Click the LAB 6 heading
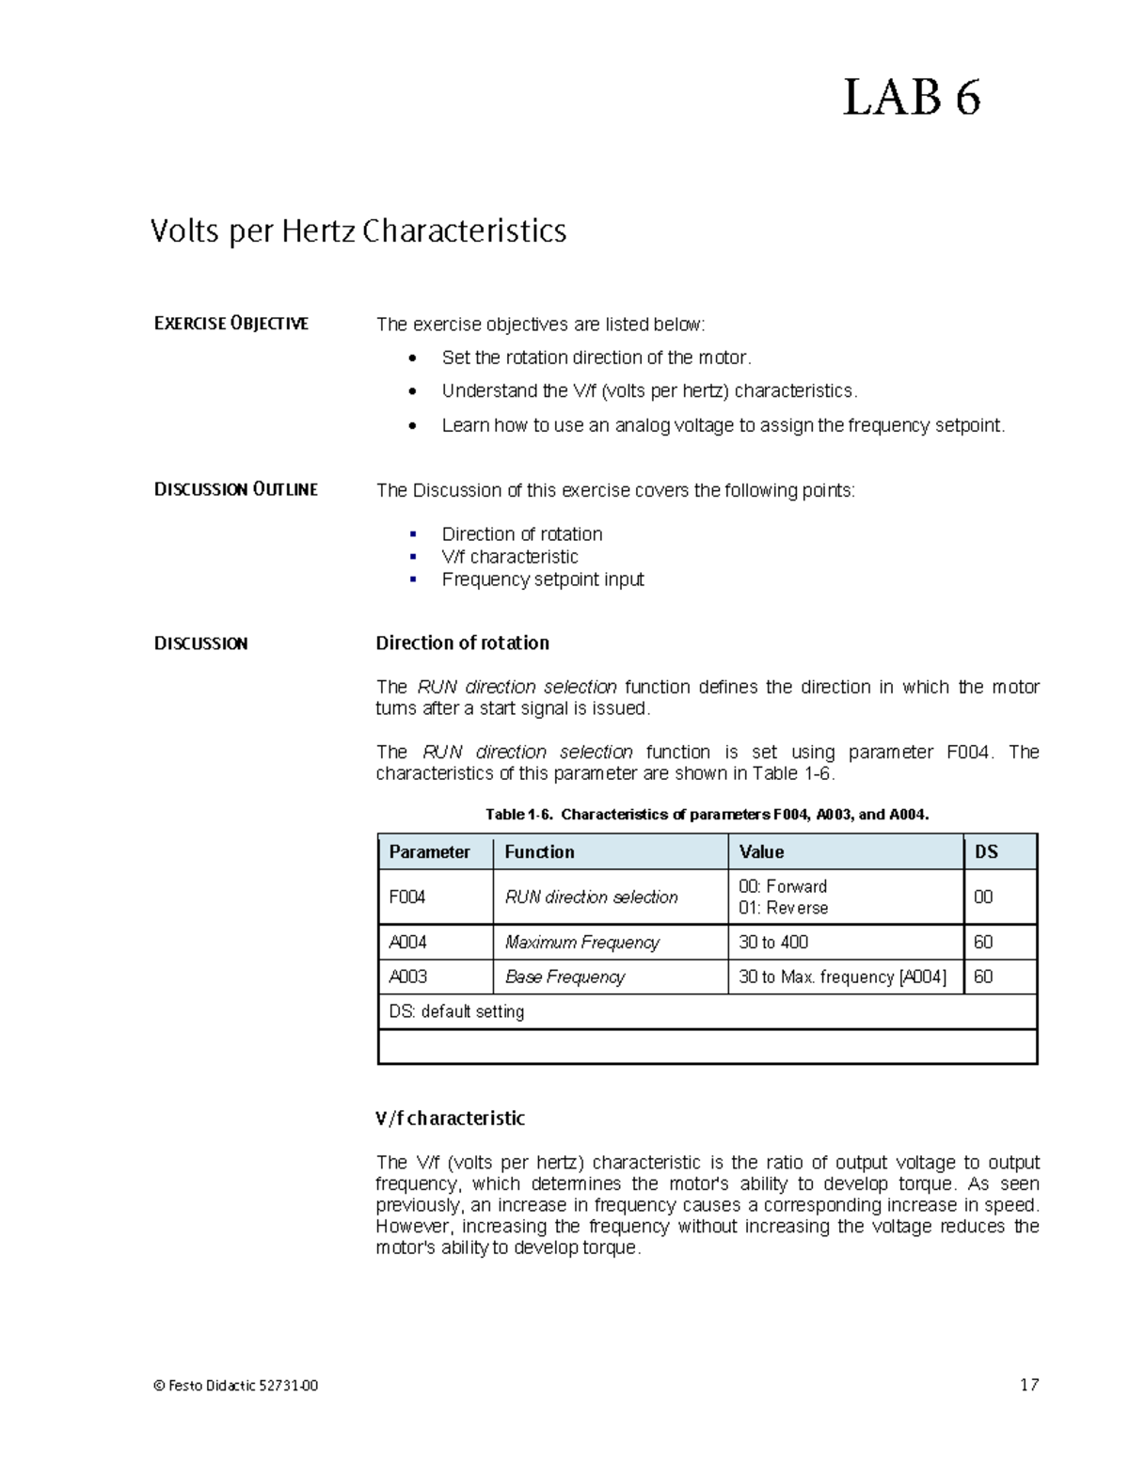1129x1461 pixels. [x=911, y=98]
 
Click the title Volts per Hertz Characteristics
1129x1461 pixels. [x=358, y=231]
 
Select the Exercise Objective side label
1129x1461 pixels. [x=231, y=324]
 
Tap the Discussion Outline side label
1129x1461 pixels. [x=235, y=489]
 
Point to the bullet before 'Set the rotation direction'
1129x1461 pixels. [x=412, y=358]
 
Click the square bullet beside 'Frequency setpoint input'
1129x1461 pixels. [x=413, y=580]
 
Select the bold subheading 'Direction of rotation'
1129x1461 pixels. [x=462, y=643]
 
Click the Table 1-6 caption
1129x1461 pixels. [x=707, y=815]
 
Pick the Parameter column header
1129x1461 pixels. [x=429, y=851]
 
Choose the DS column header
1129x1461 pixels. [x=985, y=851]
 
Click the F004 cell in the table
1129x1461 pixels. [x=407, y=897]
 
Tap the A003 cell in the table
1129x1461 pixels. [x=407, y=977]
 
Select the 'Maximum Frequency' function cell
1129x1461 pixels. [x=581, y=942]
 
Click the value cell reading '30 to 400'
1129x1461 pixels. [x=773, y=942]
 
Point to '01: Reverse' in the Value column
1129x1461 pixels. [x=783, y=908]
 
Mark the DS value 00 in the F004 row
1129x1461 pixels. [x=983, y=897]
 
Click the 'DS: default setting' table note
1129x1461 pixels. [x=456, y=1011]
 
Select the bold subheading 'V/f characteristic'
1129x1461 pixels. [x=450, y=1118]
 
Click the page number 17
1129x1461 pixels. [x=1029, y=1384]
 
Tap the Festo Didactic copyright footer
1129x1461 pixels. [x=235, y=1385]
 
